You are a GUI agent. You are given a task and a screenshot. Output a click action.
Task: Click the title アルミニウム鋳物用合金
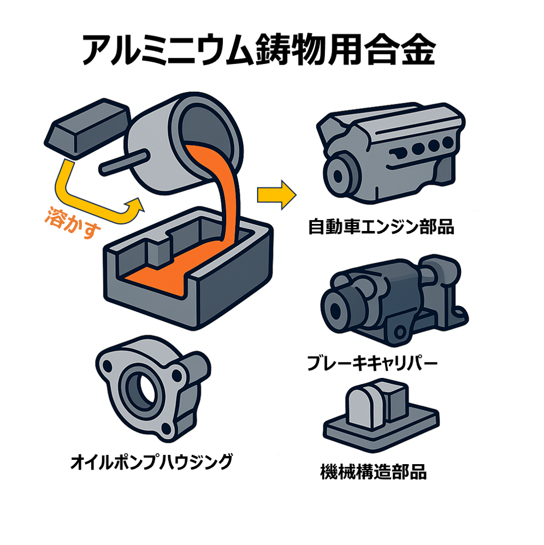click(x=258, y=50)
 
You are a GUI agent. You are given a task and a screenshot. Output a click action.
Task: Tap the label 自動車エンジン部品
click(x=381, y=227)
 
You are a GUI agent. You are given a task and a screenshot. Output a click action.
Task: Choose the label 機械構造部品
click(x=373, y=471)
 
